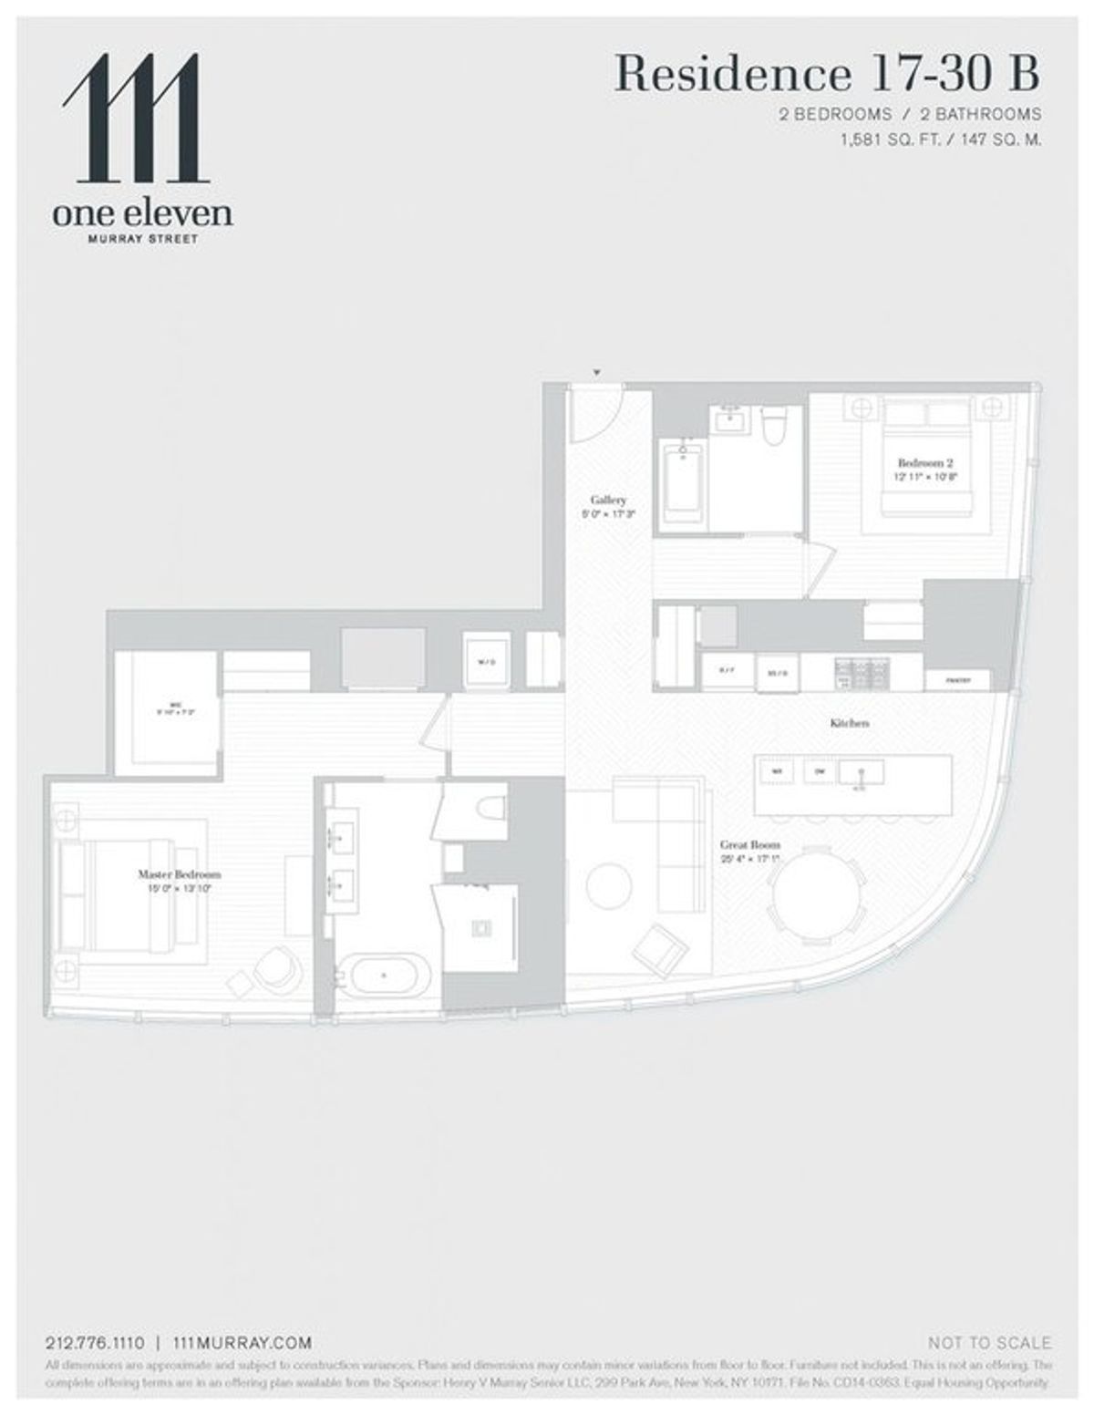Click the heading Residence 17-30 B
tap(827, 74)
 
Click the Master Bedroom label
tap(179, 873)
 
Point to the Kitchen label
tap(849, 723)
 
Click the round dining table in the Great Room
tap(818, 898)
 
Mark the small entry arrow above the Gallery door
tap(596, 372)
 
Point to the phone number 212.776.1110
tap(95, 1342)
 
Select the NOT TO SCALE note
tap(988, 1342)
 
